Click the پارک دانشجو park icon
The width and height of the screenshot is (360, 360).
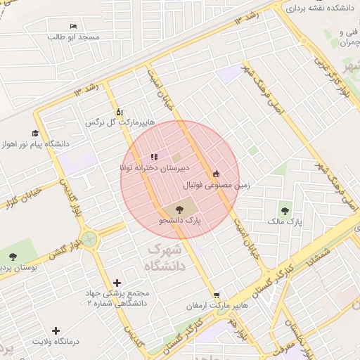point(179,209)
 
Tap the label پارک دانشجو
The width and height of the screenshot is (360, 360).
point(179,221)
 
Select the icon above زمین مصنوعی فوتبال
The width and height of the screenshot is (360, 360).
point(216,174)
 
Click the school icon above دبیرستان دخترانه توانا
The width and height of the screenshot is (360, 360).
point(153,157)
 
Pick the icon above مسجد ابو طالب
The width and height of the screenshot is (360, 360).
point(74,26)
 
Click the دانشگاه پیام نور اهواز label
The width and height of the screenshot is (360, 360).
point(35,144)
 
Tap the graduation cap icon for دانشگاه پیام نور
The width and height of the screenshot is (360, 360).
point(35,133)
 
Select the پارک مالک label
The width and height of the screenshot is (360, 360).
point(285,221)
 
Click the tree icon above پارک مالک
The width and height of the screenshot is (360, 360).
point(285,210)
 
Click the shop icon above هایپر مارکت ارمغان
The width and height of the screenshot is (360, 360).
point(216,295)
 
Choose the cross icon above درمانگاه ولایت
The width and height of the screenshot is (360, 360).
point(56,330)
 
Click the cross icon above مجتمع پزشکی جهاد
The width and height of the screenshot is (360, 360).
point(117,283)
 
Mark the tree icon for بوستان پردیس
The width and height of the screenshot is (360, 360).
point(13,255)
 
